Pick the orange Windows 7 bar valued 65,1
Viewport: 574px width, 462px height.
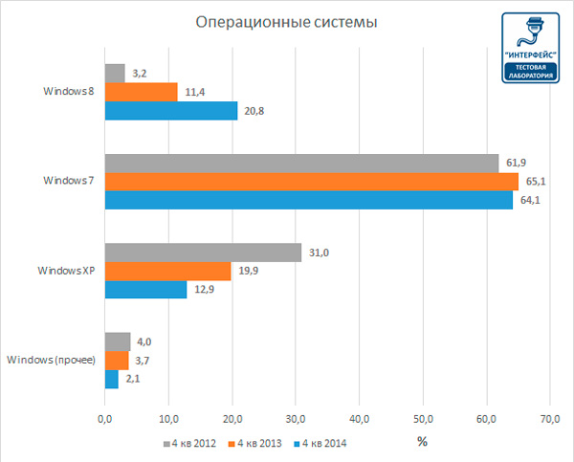click(x=311, y=182)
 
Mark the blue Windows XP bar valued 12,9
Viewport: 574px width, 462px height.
click(x=145, y=290)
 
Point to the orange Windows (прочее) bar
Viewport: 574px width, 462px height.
click(x=116, y=360)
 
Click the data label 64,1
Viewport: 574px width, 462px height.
click(x=532, y=201)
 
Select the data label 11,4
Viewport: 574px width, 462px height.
click(x=194, y=92)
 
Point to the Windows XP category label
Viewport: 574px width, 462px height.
click(x=66, y=272)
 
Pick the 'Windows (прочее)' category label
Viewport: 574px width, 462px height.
click(x=51, y=361)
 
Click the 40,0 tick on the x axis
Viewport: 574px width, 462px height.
click(x=360, y=418)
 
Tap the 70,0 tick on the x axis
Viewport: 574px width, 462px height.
click(x=551, y=418)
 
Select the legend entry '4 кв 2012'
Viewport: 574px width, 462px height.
click(x=191, y=443)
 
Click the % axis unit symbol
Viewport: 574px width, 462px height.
click(x=422, y=442)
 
